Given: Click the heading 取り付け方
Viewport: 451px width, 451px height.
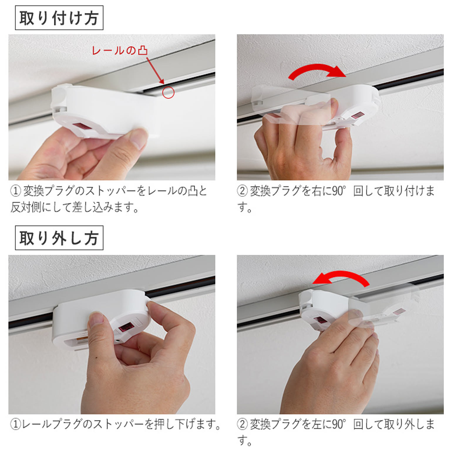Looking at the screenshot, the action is [59, 18].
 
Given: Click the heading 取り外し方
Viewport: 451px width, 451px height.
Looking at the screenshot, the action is [59, 238].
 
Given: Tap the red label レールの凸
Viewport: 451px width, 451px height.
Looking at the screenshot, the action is [120, 50].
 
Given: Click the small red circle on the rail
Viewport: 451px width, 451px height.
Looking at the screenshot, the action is [168, 92].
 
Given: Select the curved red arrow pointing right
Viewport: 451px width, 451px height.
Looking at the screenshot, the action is [317, 70].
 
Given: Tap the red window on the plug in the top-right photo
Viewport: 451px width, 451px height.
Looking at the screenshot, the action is [357, 115].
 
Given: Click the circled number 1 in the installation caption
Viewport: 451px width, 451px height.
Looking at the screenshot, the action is [16, 191].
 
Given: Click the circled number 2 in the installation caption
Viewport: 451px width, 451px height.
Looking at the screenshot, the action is [243, 191].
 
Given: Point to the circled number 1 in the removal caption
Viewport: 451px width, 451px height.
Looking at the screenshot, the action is [16, 424].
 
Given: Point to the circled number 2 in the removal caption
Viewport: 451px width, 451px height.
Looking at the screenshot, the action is [243, 424].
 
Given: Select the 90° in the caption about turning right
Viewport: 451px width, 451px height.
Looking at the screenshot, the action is [339, 191].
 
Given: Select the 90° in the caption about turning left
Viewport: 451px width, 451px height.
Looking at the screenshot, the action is [339, 424].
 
